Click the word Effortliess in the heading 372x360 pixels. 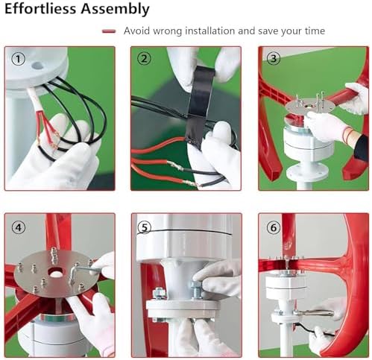(x=41, y=8)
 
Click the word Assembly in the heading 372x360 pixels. (x=116, y=10)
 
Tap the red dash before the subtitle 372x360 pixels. (x=109, y=31)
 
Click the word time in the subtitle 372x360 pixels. (x=315, y=31)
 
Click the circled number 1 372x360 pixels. (x=19, y=59)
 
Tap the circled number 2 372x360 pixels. (x=144, y=59)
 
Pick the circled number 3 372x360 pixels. (x=274, y=59)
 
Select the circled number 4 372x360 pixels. (x=19, y=227)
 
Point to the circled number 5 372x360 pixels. (x=144, y=227)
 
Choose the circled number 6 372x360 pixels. (x=274, y=227)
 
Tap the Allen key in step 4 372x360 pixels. (x=82, y=273)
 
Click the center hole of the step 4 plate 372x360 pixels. (x=56, y=273)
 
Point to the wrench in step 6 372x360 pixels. (x=314, y=314)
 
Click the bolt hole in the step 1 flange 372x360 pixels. (x=37, y=66)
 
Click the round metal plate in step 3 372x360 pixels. (x=309, y=107)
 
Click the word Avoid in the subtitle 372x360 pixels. (x=137, y=31)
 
